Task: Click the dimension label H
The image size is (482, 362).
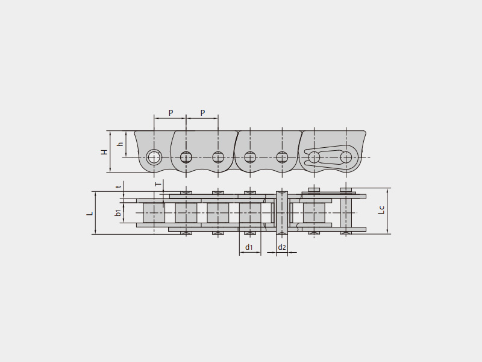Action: (105, 152)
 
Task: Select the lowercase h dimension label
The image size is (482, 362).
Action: (121, 144)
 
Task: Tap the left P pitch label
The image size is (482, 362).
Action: (171, 113)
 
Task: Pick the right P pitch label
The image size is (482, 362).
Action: (202, 113)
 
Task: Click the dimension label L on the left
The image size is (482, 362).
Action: (90, 213)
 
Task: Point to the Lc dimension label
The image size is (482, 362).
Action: (381, 210)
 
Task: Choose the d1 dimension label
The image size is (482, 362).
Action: (249, 247)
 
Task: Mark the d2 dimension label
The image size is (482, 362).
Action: (282, 247)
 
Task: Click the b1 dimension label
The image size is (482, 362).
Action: (118, 212)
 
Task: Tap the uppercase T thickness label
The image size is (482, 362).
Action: (158, 184)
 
